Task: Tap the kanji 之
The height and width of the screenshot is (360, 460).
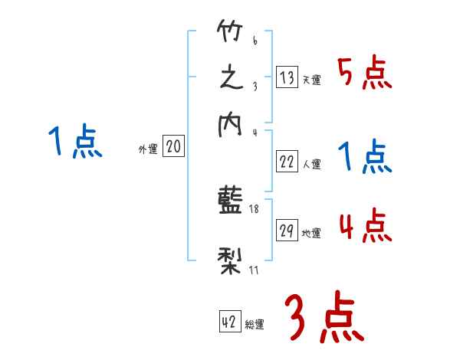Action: coord(231,80)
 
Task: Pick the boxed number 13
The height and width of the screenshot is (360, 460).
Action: coord(287,77)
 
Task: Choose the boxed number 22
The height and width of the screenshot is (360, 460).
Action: coord(287,161)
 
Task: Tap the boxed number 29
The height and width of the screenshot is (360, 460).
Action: coord(287,231)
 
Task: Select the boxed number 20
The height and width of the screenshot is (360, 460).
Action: coord(173,147)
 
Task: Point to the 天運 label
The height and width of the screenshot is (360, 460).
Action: coord(311,80)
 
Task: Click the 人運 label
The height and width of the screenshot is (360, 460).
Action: coord(311,164)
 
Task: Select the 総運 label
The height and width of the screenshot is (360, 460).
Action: coord(255,325)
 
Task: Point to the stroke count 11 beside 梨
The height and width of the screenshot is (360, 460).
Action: coord(253,270)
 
